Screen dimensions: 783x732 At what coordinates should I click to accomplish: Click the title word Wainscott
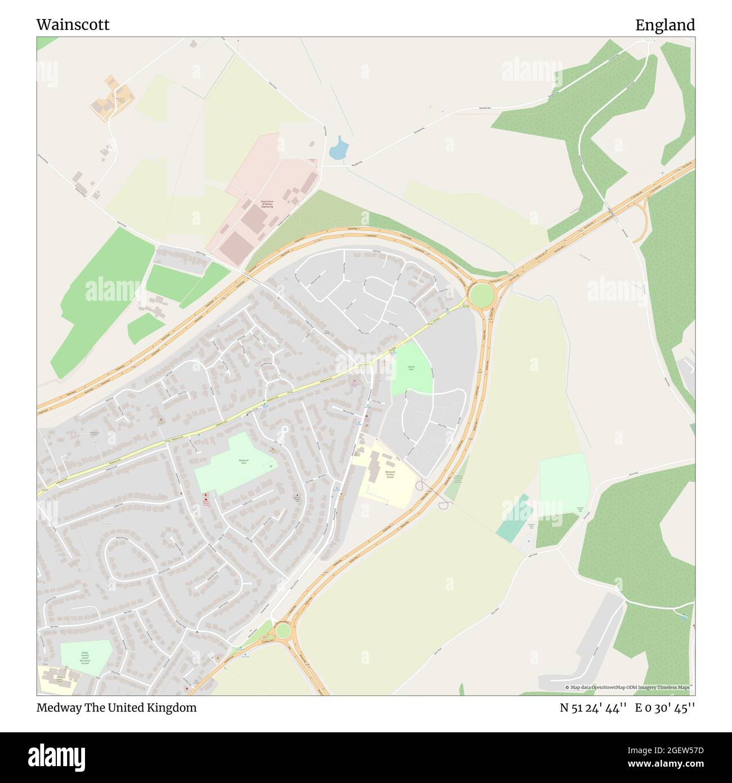73,25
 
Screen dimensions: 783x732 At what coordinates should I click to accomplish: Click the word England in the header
665,25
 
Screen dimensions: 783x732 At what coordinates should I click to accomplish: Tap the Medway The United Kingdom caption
117,708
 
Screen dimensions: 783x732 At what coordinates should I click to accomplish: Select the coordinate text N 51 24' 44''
593,708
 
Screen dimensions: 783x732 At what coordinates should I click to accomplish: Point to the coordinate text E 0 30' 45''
665,708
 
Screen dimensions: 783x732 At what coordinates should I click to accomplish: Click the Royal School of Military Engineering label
266,204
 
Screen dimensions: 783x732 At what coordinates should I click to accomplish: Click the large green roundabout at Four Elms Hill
481,295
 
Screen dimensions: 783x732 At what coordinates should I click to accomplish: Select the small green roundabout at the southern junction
282,629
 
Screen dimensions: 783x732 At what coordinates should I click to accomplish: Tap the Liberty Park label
411,368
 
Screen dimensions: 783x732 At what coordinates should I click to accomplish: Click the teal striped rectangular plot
514,518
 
